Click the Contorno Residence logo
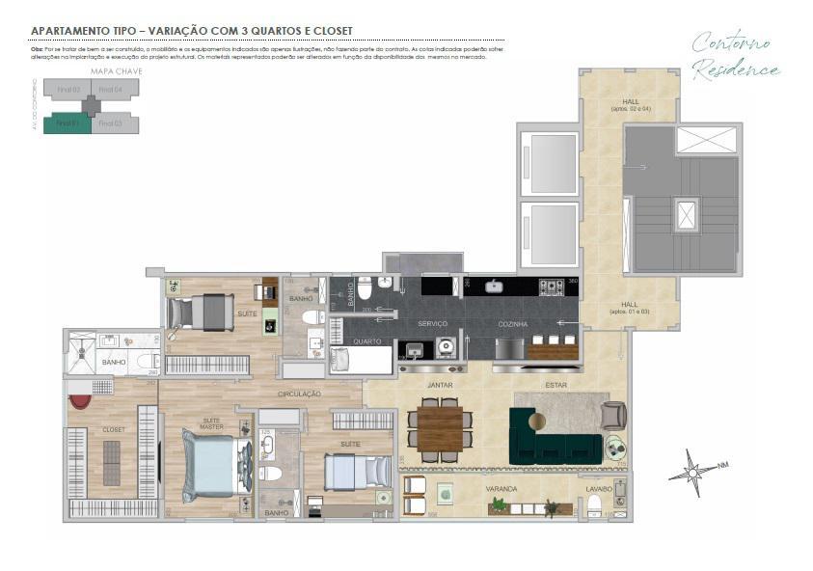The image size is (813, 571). coord(735,56)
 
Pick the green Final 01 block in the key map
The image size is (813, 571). coord(68,123)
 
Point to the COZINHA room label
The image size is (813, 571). coord(512,324)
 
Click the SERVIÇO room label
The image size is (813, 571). coord(433,324)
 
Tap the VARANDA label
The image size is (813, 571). coord(501,489)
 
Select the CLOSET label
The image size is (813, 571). coord(114,429)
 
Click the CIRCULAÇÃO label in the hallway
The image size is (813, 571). coord(299,394)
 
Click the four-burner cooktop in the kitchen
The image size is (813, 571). coord(551,286)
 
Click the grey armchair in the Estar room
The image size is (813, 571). coord(612,415)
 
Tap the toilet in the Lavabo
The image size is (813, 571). coord(594,504)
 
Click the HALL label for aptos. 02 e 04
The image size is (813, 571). coord(630,104)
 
